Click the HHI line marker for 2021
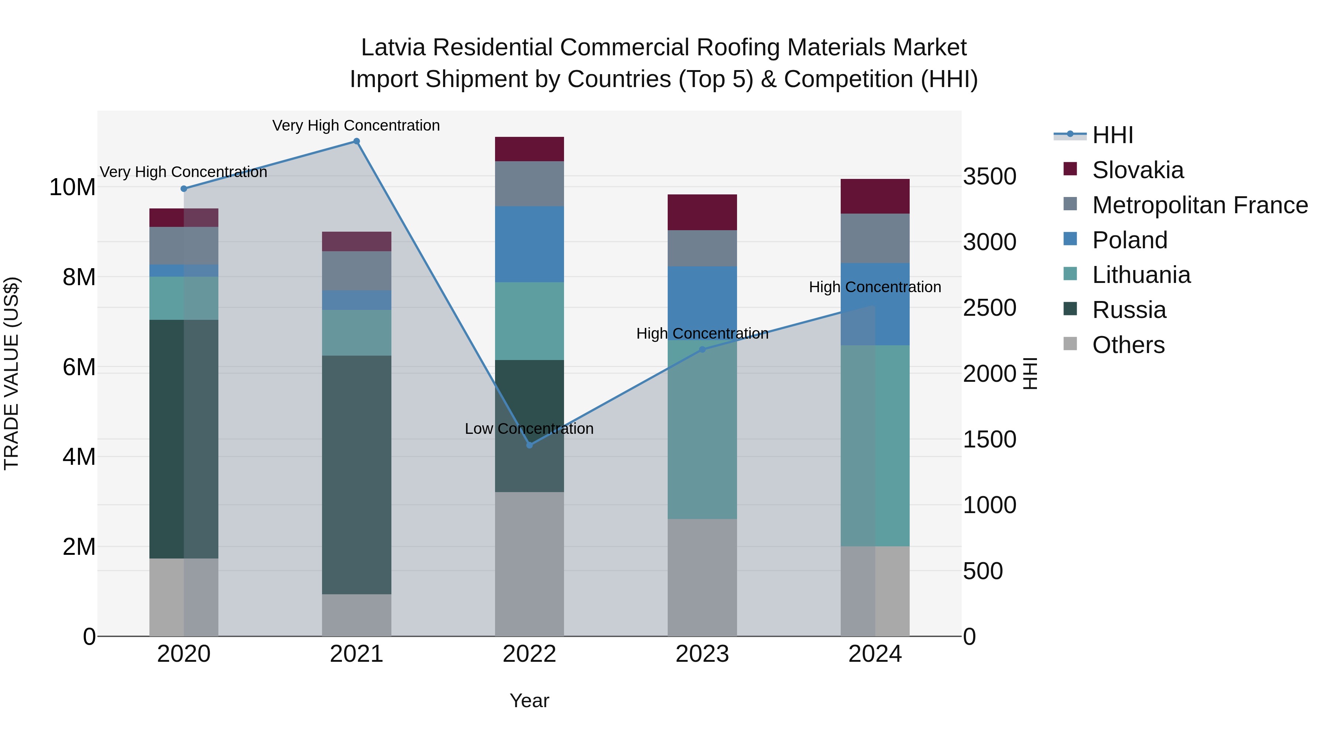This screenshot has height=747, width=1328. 356,141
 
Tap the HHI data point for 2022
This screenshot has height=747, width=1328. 529,445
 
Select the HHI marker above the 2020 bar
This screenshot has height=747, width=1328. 184,189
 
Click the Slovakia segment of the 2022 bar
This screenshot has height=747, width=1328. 529,149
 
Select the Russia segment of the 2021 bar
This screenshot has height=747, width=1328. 356,474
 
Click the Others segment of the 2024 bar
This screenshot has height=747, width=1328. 875,591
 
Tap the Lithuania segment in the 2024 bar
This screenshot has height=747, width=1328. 875,445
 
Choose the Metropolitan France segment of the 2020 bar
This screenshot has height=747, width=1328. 184,245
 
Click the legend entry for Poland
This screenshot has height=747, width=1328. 1129,240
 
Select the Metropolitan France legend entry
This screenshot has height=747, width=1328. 1200,205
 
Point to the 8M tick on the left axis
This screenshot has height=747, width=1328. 78,277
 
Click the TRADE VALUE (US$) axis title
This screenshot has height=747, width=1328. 11,373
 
